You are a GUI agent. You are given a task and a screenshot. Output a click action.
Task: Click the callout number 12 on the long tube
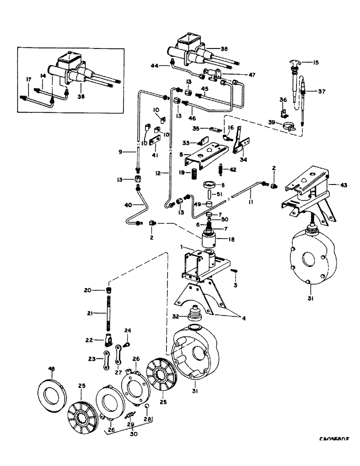(x=159, y=173)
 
